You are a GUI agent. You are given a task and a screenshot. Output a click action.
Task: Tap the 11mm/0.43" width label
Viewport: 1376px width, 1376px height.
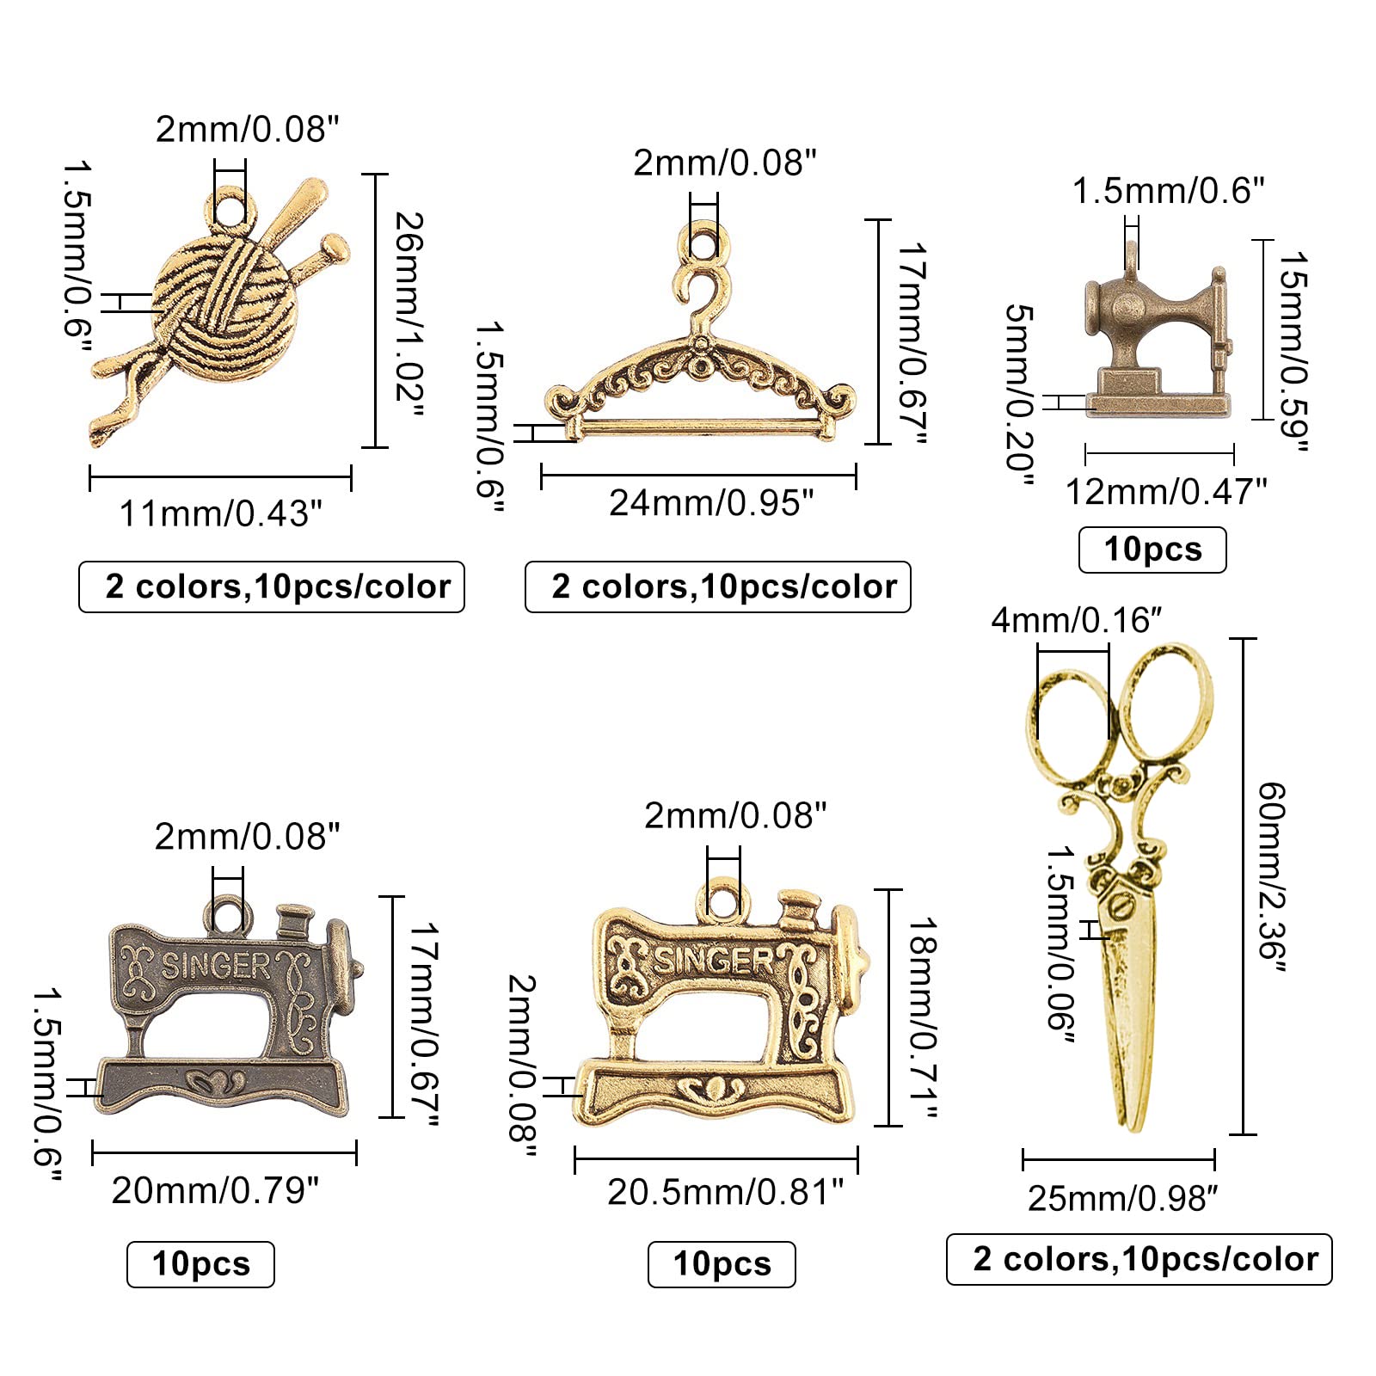coord(221,513)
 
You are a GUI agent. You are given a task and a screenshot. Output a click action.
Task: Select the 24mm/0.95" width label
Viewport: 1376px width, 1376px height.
coord(711,503)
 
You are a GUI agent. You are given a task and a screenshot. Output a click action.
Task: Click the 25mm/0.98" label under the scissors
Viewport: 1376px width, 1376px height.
coord(1123,1198)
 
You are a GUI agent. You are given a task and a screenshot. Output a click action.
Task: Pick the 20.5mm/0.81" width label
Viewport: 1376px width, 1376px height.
coord(725,1192)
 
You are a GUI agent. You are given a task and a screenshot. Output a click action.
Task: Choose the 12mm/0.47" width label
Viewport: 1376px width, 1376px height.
coord(1166,492)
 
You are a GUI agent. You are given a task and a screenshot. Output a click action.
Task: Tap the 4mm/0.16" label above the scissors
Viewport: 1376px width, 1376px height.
coord(1077,620)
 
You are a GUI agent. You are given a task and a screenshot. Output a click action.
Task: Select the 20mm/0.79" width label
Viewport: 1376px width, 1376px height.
coord(215,1190)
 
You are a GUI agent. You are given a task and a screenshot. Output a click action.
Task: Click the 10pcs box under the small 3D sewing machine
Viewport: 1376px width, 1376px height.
coord(1152,550)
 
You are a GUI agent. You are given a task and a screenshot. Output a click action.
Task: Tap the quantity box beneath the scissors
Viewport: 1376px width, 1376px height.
coord(1139,1259)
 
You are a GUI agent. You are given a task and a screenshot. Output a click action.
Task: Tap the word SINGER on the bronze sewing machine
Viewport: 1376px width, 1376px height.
coord(216,967)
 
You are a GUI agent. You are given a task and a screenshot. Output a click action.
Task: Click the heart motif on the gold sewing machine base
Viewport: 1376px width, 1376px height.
coord(711,1090)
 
